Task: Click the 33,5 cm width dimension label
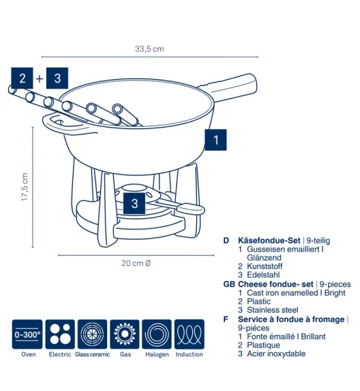pos(149,49)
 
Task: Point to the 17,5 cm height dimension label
pos(25,187)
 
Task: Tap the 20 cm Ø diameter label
pos(136,263)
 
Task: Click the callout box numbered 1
pos(215,140)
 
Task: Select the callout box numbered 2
pos(22,78)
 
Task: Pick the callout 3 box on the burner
pos(134,203)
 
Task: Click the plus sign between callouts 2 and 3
pos(40,78)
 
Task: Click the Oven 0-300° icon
pos(27,334)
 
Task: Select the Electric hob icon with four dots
pos(60,334)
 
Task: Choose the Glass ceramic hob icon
pos(93,334)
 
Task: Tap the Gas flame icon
pos(125,334)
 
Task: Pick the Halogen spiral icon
pos(157,334)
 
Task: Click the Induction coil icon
pos(190,334)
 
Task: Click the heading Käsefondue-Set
pos(269,240)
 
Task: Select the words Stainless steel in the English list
pos(273,310)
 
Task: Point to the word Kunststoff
pos(265,266)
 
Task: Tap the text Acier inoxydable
pos(276,353)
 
